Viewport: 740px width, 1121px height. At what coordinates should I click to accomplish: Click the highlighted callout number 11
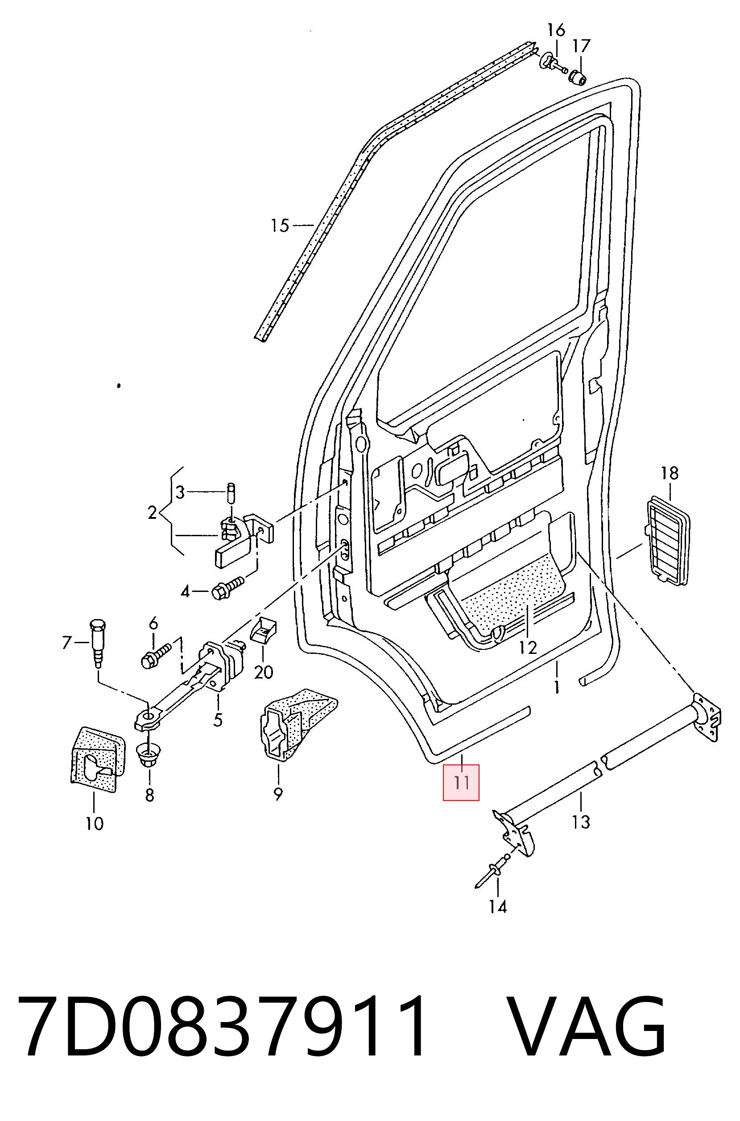coord(461,782)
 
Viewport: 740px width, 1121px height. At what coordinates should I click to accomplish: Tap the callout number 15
coord(280,225)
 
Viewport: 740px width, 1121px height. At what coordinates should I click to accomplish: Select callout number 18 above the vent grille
coord(670,472)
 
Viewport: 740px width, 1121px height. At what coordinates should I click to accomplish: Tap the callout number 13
coord(581,822)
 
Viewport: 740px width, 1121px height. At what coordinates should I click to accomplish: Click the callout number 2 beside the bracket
coord(152,512)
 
